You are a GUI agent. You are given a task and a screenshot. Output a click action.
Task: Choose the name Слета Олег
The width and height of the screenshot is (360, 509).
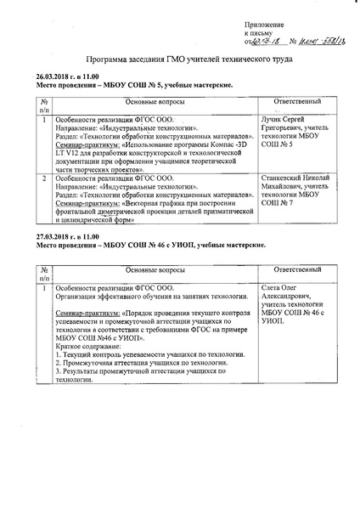point(281,289)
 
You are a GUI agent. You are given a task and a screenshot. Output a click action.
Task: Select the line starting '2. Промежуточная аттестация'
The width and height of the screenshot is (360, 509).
point(144,370)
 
